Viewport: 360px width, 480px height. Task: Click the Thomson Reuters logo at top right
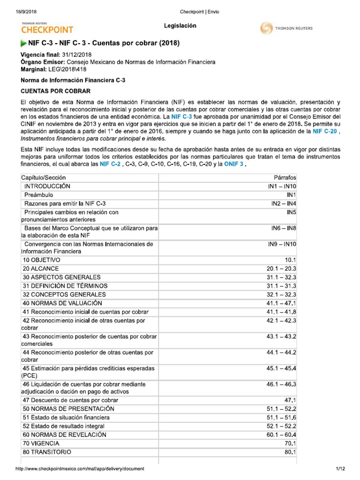pyautogui.click(x=286, y=29)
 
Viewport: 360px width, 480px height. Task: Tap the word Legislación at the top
pyautogui.click(x=180, y=26)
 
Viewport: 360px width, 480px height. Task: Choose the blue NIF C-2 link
pyautogui.click(x=110, y=165)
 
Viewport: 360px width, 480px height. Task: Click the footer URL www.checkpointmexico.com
pyautogui.click(x=80, y=469)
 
